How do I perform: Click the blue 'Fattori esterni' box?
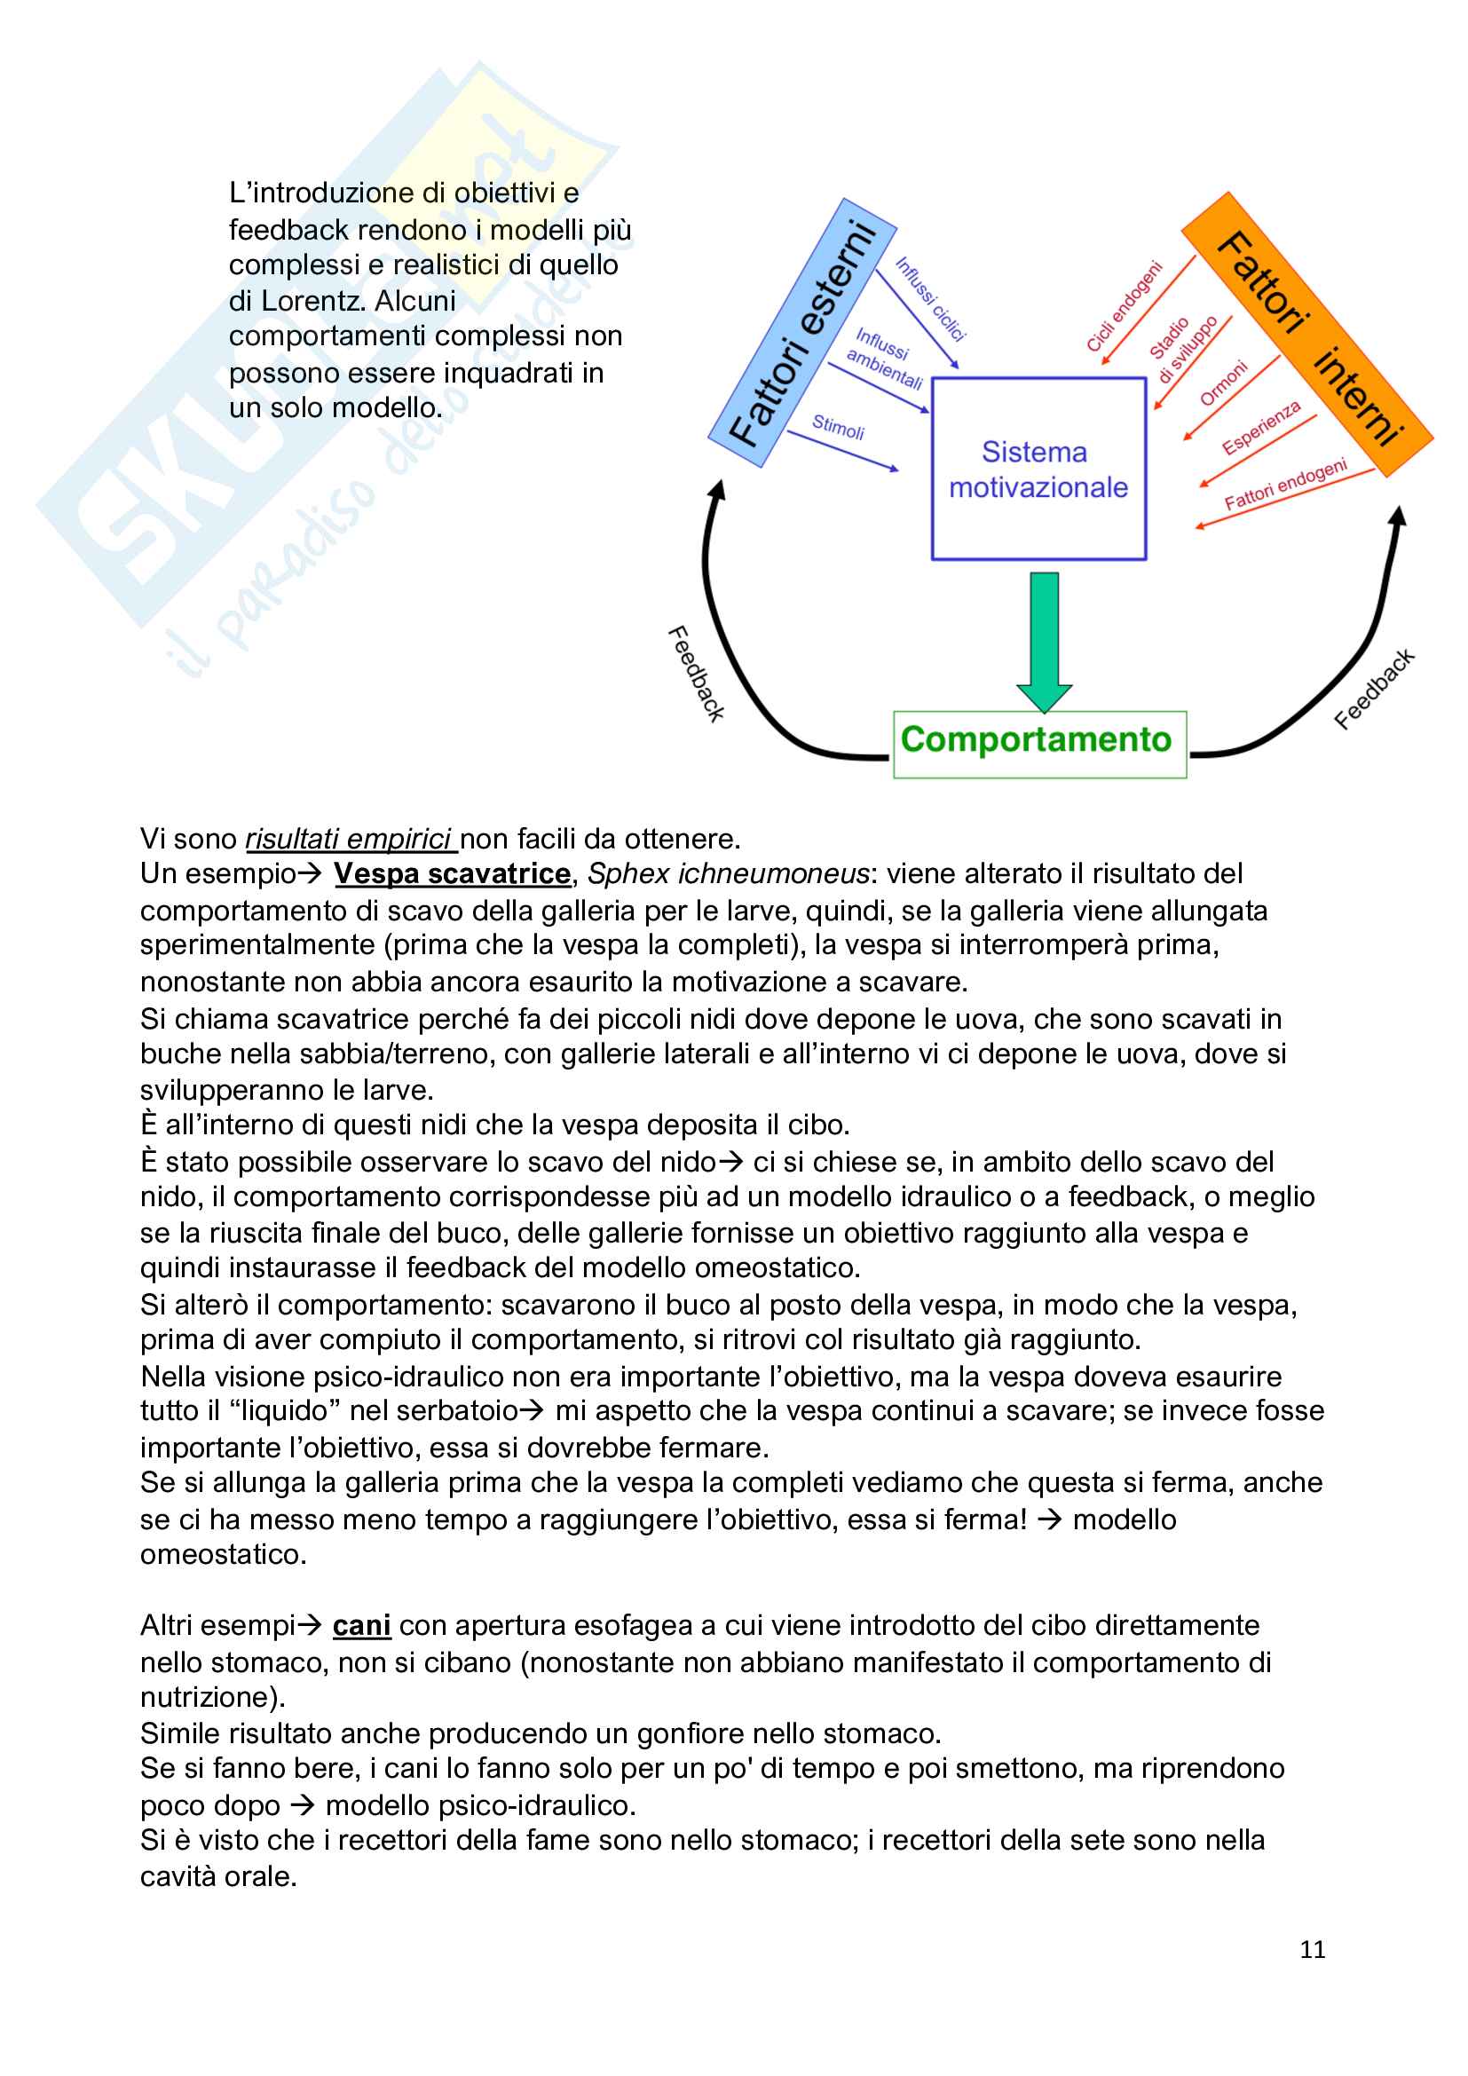click(802, 333)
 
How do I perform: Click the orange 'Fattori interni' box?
click(1307, 335)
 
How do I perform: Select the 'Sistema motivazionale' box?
click(1038, 470)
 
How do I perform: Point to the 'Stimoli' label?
click(838, 427)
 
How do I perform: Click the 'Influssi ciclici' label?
click(930, 299)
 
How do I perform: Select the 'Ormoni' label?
click(1224, 383)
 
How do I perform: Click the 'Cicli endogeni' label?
click(1124, 305)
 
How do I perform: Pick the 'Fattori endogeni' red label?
click(1284, 485)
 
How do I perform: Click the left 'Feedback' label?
click(696, 673)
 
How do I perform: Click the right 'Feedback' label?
click(1374, 688)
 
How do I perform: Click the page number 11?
click(1312, 1949)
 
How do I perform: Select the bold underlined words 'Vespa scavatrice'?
click(452, 874)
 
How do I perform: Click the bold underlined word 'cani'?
click(361, 1626)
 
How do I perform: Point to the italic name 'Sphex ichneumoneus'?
click(728, 874)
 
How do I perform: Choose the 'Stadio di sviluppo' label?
click(1183, 349)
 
